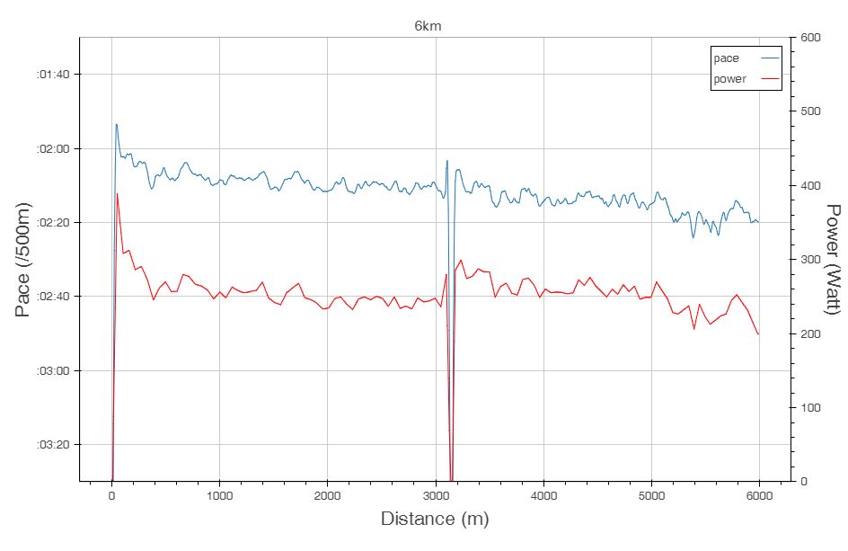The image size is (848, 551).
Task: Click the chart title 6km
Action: pos(428,26)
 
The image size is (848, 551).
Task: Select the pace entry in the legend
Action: pos(726,58)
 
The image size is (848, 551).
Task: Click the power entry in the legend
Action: pos(729,79)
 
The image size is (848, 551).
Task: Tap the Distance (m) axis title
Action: pos(435,519)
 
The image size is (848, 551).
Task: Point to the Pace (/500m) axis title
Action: pos(24,259)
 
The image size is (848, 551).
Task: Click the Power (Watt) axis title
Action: pos(833,259)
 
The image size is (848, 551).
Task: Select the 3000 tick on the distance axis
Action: pos(436,495)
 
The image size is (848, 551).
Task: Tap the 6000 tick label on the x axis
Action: pos(759,495)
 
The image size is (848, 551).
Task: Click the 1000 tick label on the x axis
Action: pos(219,495)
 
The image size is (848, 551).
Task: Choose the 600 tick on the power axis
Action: pos(811,37)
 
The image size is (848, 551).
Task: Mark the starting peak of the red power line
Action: pos(117,193)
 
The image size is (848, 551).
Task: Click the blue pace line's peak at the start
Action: pos(116,124)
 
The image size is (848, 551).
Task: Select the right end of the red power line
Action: pos(759,334)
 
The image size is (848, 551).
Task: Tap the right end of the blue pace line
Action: pos(759,222)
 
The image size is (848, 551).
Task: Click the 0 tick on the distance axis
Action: pos(111,495)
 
